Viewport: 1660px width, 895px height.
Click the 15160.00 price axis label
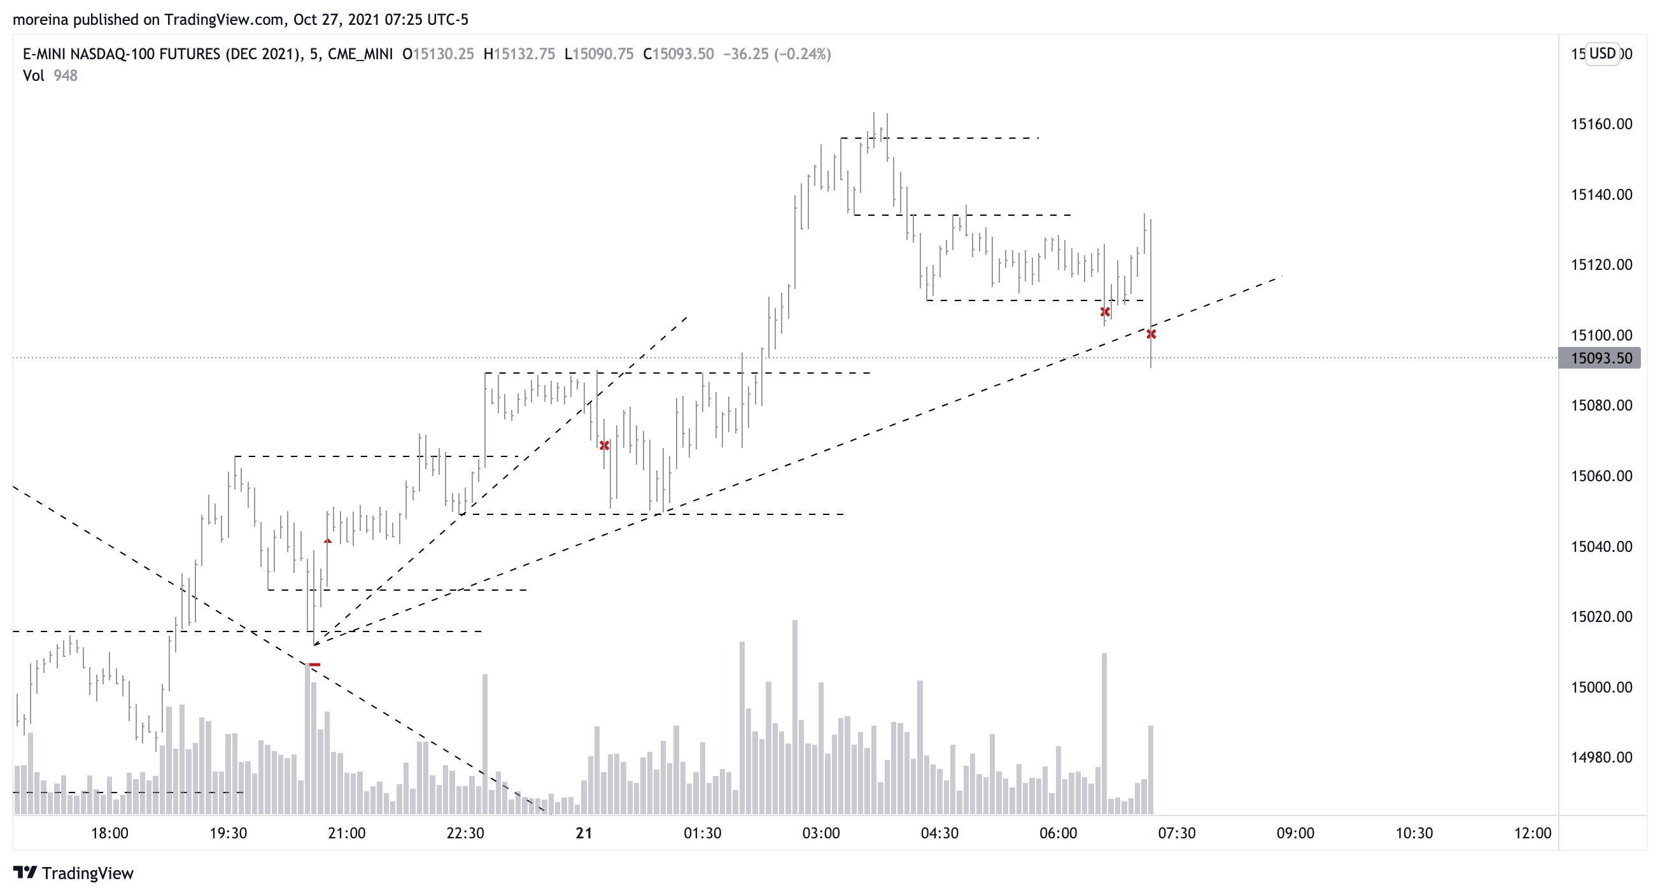pos(1601,123)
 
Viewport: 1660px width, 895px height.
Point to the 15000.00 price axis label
pos(1601,687)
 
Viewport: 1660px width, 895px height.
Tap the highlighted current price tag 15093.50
pos(1601,358)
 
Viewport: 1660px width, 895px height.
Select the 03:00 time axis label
pos(820,833)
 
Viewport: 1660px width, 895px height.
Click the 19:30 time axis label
pos(228,833)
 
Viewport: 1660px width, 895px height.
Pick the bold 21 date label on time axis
pos(584,833)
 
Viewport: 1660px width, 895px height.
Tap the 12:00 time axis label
pos(1533,833)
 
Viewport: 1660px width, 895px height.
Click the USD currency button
pos(1602,53)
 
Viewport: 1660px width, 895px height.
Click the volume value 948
pos(65,75)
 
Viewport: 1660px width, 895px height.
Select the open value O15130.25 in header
pos(438,54)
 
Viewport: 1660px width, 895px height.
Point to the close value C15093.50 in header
pos(679,54)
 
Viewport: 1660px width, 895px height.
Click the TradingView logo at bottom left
pos(73,873)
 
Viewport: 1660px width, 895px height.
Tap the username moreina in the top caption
pos(41,19)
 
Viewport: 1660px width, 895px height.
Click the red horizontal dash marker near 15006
pos(314,665)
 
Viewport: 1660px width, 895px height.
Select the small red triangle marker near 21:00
pos(327,541)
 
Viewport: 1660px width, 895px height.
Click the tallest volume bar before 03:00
pos(795,715)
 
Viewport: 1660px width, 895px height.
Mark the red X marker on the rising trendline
pos(1151,334)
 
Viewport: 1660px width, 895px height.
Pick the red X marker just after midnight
pos(604,445)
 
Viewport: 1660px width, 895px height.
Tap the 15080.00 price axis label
pos(1601,405)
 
